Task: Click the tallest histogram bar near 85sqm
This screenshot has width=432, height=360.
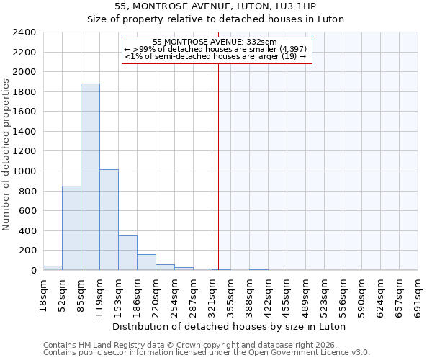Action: click(90, 176)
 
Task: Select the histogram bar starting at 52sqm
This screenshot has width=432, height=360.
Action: click(71, 228)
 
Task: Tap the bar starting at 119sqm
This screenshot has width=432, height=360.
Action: click(109, 220)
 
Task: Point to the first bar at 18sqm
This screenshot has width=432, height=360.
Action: click(53, 268)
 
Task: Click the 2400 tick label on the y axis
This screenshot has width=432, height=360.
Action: click(24, 32)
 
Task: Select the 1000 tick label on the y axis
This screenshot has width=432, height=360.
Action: click(24, 171)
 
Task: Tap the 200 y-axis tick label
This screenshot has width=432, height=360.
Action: click(27, 251)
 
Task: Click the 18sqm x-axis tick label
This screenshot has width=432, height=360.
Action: click(44, 294)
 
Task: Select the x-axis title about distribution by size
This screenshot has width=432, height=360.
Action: click(230, 326)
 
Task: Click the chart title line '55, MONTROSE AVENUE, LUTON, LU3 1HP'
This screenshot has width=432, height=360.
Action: click(215, 7)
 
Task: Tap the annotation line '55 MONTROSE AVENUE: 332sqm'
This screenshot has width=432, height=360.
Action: click(215, 42)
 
